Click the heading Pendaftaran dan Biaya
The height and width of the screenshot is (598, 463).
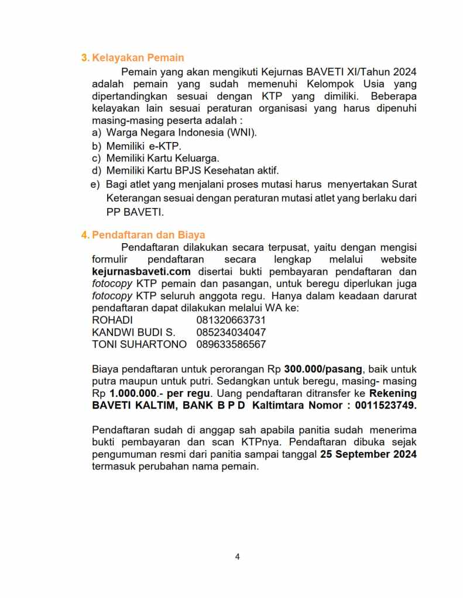coord(148,236)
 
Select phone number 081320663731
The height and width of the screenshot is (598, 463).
coord(231,320)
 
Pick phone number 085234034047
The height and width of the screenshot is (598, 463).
coord(231,333)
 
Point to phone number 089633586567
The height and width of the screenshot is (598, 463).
coord(231,345)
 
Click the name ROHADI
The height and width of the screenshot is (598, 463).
coord(112,320)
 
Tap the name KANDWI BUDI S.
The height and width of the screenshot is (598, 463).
coord(129,333)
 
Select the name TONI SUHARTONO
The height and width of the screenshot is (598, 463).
coord(139,345)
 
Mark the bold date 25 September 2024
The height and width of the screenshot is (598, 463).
coord(368,454)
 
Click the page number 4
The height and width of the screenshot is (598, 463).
coord(237,556)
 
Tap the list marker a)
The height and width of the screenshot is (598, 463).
coord(97,133)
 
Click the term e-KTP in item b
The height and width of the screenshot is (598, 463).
coord(166,146)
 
